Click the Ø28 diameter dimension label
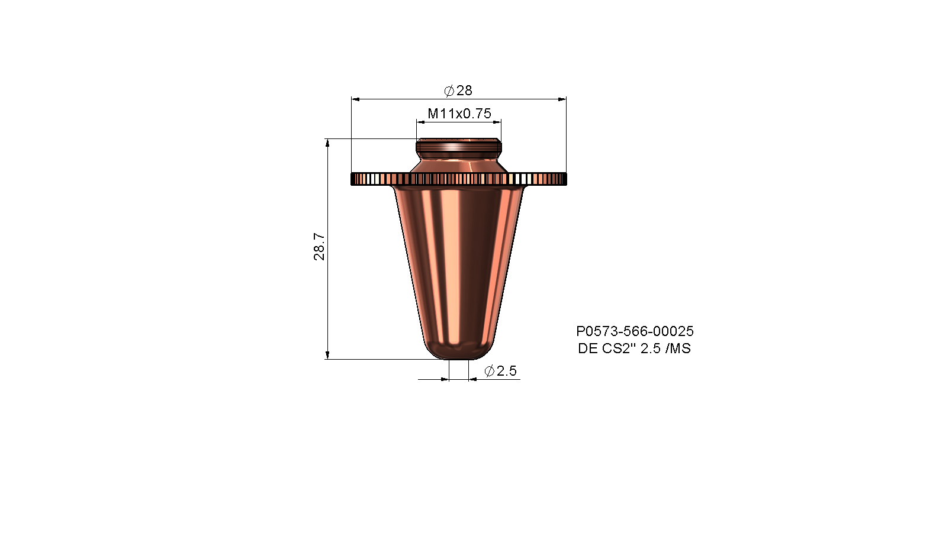[458, 91]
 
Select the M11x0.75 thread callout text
[459, 114]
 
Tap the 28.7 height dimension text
[319, 246]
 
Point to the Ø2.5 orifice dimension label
[500, 371]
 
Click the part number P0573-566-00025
[635, 331]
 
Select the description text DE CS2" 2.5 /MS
[634, 348]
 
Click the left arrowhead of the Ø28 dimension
[356, 99]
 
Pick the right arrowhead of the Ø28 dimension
[562, 99]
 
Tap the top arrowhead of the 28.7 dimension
[327, 143]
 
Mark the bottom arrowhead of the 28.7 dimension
[327, 355]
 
